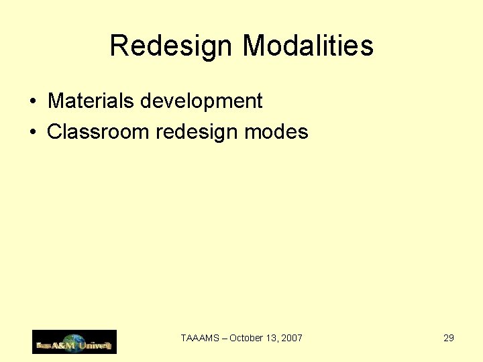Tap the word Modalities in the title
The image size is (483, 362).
[x=307, y=46]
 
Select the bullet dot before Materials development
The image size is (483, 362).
[x=33, y=103]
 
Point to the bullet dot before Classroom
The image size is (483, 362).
[x=33, y=133]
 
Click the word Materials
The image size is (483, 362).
[x=91, y=101]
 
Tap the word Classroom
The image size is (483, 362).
[x=98, y=131]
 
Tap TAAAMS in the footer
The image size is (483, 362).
[x=201, y=339]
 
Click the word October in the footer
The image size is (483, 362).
[x=246, y=339]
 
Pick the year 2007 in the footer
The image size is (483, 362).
[x=292, y=339]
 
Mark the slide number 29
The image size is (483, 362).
[x=449, y=338]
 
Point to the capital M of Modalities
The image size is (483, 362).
[x=256, y=46]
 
